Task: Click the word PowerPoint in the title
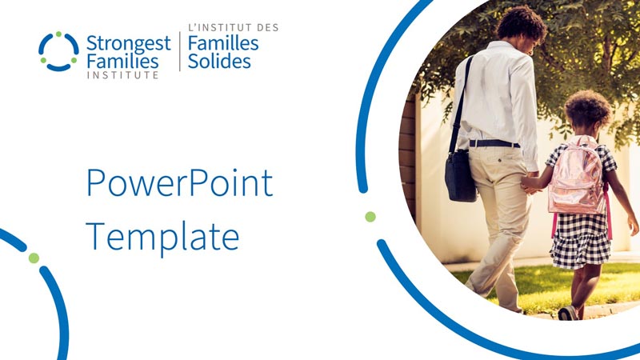(179, 183)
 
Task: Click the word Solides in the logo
(218, 62)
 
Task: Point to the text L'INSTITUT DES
(233, 28)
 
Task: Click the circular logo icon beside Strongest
(58, 51)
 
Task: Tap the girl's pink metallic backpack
(576, 180)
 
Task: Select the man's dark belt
(493, 143)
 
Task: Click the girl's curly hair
(588, 110)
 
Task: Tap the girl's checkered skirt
(580, 240)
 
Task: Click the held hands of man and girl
(529, 182)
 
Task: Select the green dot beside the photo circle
(370, 217)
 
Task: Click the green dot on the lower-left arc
(34, 258)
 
